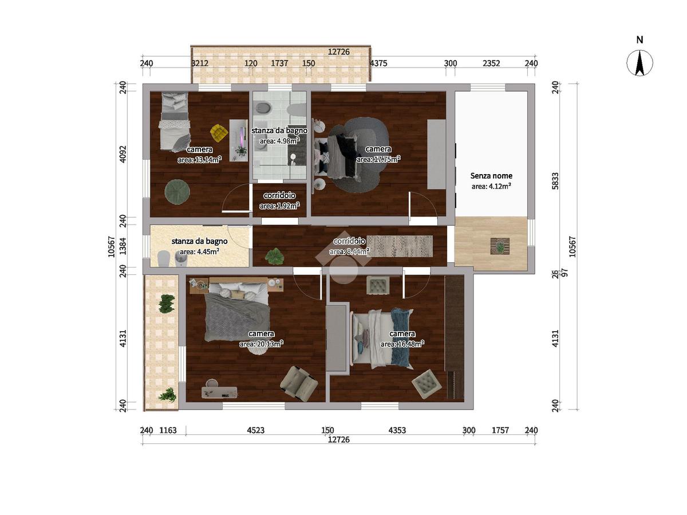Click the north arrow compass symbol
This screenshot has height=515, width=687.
(x=639, y=63)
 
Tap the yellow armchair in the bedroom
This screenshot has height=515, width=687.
(x=219, y=132)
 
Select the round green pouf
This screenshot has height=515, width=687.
(x=177, y=192)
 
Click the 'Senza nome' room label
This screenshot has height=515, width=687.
(x=491, y=176)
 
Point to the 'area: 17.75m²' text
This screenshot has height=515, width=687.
(x=378, y=159)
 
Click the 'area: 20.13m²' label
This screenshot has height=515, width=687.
(x=261, y=344)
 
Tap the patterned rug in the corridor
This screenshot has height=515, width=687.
(x=400, y=246)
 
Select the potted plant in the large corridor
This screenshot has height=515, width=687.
(x=274, y=255)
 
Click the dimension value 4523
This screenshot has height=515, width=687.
(x=256, y=430)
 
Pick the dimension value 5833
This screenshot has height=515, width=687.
(x=555, y=181)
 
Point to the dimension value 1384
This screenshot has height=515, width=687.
(x=123, y=246)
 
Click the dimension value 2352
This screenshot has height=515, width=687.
(x=491, y=63)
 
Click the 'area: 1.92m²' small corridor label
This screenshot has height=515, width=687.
(x=279, y=206)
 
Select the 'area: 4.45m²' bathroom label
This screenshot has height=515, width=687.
(x=199, y=251)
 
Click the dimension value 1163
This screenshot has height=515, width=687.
(x=168, y=430)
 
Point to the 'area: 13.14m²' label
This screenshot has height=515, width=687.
(x=199, y=160)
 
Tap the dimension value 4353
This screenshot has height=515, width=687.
(x=397, y=430)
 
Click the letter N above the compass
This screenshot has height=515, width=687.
(x=639, y=40)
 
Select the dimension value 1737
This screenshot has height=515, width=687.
(x=279, y=63)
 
